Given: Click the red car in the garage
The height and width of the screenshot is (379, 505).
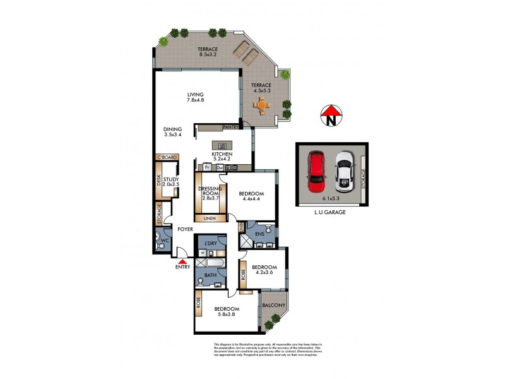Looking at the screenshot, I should [x=317, y=172].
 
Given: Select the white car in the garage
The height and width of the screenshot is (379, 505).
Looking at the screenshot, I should [x=343, y=172].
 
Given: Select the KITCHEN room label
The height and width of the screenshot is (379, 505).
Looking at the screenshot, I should [x=222, y=155].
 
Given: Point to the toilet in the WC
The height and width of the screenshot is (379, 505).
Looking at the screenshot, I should [x=158, y=241].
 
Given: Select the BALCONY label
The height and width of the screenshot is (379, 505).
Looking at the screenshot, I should [x=274, y=306].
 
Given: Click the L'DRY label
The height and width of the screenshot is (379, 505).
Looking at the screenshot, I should [x=210, y=244].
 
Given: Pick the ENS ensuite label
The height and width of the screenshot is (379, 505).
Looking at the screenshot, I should [x=260, y=233].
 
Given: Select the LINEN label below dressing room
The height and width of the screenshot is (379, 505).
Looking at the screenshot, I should [x=209, y=219].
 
